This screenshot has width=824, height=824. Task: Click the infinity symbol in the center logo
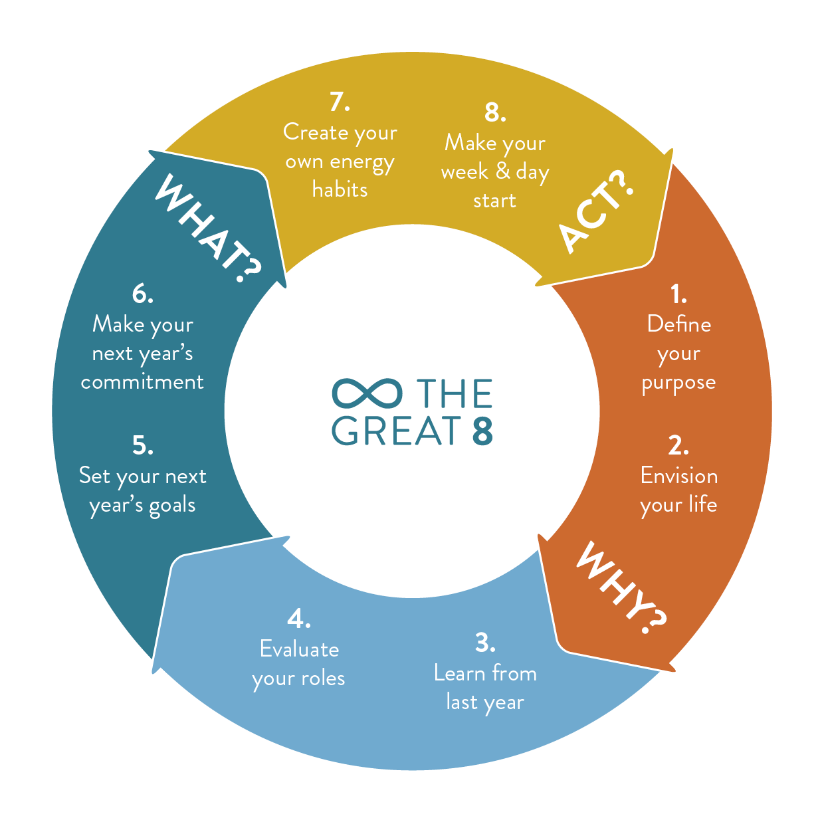367,393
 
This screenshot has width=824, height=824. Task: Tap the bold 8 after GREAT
483,431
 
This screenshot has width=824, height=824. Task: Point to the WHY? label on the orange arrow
621,587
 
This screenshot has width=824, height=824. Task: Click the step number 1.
678,293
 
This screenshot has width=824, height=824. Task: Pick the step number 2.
678,445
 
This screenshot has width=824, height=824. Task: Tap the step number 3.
485,643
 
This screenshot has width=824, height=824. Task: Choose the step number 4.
299,619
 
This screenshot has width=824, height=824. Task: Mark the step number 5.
142,445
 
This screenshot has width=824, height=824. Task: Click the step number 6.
142,293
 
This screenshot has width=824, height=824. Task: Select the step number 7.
340,102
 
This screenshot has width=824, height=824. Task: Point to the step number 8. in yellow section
495,112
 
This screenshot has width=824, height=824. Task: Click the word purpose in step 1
678,383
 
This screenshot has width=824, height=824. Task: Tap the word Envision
678,476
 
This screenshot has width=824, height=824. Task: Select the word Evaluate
299,649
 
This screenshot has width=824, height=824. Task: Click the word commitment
142,382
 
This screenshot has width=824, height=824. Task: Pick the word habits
340,190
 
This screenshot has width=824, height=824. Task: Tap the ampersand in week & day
503,171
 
